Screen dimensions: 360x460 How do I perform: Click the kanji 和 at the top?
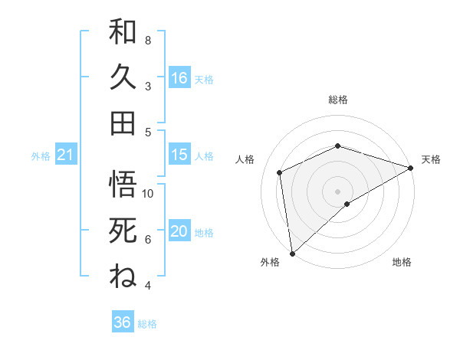pos(123,32)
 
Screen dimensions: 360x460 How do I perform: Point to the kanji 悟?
pos(123,185)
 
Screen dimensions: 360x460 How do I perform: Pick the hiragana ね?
pos(123,275)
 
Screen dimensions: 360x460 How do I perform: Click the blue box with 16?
pos(179,78)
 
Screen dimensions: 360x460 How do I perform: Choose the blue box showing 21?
pos(66,155)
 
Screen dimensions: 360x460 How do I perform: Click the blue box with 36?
pos(123,322)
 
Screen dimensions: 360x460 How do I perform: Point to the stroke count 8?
pos(148,40)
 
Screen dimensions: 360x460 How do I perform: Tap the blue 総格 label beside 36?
pos(147,324)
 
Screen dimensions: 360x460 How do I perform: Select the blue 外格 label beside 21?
pos(41,156)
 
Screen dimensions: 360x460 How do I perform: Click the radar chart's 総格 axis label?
pos(337,100)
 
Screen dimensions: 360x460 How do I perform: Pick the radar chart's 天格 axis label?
pos(431,159)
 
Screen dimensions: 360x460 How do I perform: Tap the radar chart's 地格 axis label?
pos(402,263)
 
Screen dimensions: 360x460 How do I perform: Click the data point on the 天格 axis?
pos(411,168)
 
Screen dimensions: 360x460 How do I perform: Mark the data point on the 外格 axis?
pos(292,253)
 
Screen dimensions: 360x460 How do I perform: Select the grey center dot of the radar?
pos(337,191)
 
